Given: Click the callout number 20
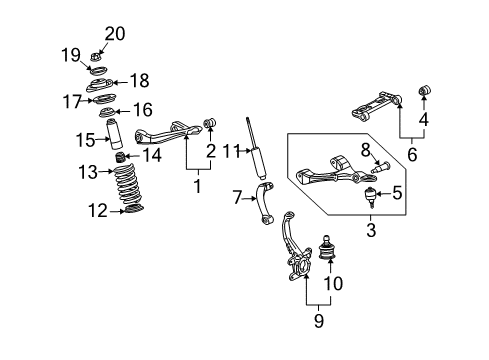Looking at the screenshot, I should tap(115, 34).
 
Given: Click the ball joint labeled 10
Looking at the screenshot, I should tap(327, 253).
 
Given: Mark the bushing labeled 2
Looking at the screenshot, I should tap(211, 124).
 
